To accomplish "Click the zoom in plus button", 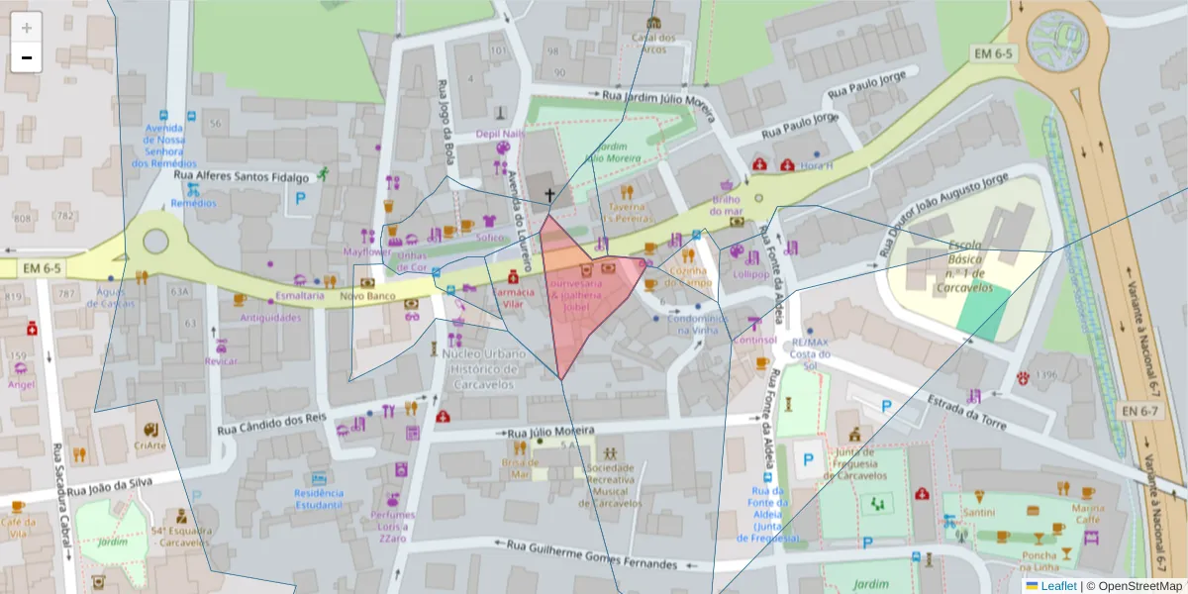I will click(x=26, y=27).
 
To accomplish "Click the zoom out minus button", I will click(x=26, y=57).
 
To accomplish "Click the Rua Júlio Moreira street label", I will click(x=549, y=432).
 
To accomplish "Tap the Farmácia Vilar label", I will click(x=513, y=299).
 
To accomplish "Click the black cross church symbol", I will click(x=549, y=195).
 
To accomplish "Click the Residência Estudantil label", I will click(x=319, y=499).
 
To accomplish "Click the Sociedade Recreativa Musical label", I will click(x=610, y=485).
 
